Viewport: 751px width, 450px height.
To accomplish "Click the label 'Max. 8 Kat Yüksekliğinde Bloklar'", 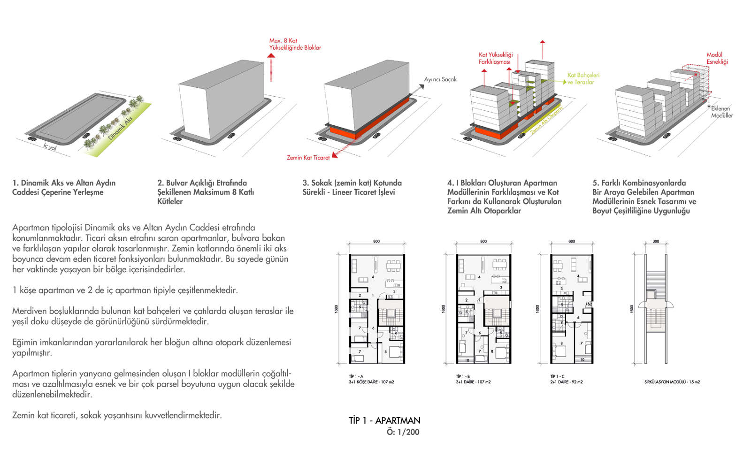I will (x=295, y=44).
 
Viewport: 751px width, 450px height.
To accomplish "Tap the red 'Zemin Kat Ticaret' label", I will (x=308, y=158).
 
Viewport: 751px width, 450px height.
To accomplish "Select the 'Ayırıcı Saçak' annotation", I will (x=440, y=79).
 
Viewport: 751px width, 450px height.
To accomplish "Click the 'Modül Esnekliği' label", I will (x=717, y=58).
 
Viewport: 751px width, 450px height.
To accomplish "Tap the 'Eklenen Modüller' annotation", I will (x=721, y=112).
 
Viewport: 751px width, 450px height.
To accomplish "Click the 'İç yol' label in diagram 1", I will (x=50, y=147).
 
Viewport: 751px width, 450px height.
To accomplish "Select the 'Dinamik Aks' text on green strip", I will (x=120, y=128).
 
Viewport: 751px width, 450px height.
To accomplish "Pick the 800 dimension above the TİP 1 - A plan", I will (x=376, y=241).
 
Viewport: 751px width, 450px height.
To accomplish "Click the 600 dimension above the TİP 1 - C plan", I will (x=571, y=241).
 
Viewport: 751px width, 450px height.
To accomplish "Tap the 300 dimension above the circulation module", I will (x=656, y=241).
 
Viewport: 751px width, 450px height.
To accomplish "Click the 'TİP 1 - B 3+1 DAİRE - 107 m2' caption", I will (x=473, y=379).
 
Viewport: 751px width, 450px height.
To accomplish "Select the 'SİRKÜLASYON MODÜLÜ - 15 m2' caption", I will (x=672, y=382).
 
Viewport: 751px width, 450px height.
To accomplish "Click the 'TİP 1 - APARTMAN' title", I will (x=384, y=420).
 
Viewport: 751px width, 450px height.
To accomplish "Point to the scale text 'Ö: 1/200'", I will (x=403, y=432).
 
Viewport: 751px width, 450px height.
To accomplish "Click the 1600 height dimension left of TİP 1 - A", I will (x=336, y=309).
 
